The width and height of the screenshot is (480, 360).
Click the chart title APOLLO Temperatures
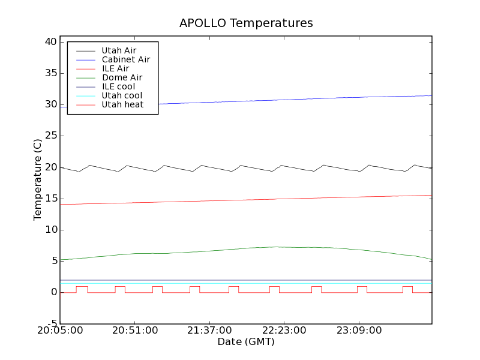tap(246, 23)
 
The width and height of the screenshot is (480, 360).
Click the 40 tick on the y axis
tap(50, 42)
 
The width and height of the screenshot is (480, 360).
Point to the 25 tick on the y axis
tap(50, 136)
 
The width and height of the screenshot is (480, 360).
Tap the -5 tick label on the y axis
tap(52, 323)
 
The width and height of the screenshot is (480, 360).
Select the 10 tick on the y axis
tap(50, 230)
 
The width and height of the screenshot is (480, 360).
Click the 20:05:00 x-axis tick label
tap(60, 331)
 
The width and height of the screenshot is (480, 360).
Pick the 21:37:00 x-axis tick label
tap(209, 331)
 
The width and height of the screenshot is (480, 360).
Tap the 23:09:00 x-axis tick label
tap(358, 331)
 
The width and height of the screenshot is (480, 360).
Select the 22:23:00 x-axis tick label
tap(283, 331)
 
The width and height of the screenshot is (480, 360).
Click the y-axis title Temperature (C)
tap(38, 180)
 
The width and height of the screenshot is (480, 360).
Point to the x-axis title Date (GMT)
tap(246, 342)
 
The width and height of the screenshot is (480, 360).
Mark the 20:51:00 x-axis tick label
tap(134, 331)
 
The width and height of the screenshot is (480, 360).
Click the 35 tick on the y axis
tap(50, 73)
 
